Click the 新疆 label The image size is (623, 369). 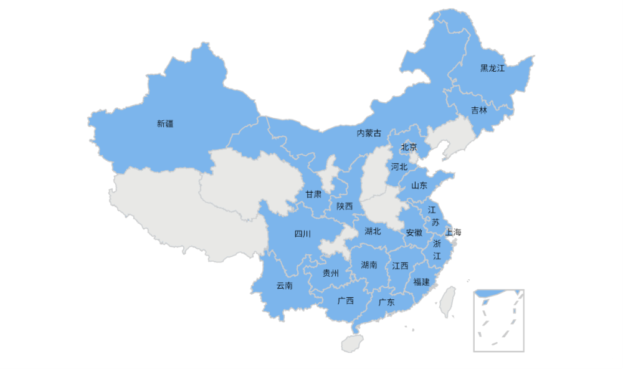point(165,124)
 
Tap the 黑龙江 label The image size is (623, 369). point(492,69)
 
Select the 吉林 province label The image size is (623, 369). point(479,110)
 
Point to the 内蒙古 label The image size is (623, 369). point(369,133)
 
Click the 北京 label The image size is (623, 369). point(409,148)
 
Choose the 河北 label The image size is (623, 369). point(399,167)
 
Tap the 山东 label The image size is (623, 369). point(419,186)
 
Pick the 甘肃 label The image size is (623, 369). point(313,194)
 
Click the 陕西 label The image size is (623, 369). point(345,206)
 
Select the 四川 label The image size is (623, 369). point(302,234)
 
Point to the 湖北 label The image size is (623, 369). point(373,231)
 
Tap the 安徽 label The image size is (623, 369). point(414,233)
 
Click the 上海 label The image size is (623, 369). point(454,232)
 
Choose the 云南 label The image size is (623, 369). point(284,286)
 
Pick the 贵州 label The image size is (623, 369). point(330,273)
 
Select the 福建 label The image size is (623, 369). point(421,282)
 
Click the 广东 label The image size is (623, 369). point(386,302)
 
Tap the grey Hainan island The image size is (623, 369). point(353,342)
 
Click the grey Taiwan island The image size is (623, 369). point(447,302)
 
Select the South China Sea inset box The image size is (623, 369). point(498,320)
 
